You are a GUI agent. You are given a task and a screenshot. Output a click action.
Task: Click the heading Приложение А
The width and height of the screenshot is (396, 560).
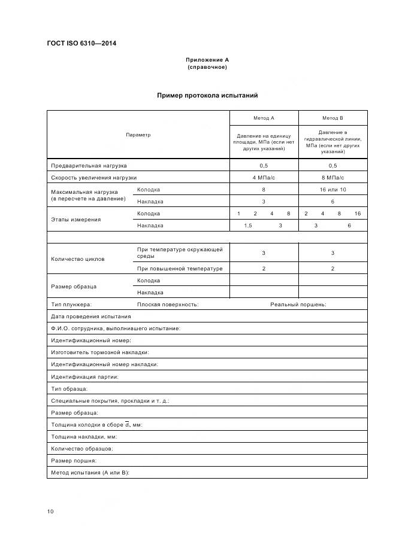[x=207, y=60]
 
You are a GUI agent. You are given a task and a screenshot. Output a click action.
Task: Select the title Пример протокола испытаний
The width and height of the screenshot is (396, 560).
[x=207, y=95]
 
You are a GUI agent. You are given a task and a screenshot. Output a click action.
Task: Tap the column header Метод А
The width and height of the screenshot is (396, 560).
[x=264, y=118]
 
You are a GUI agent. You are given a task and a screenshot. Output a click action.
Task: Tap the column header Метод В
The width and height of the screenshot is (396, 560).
[x=332, y=118]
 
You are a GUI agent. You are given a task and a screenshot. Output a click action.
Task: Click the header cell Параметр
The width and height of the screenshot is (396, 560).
[x=138, y=135]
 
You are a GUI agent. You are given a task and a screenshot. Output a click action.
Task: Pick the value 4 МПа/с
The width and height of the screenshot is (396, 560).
[x=264, y=178]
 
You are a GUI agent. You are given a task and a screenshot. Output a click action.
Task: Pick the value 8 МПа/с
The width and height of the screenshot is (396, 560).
[x=332, y=178]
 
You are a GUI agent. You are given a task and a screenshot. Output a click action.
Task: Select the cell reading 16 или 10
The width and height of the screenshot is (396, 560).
[x=332, y=190]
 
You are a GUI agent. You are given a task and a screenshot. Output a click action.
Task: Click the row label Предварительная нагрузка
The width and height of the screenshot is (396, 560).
[x=89, y=166]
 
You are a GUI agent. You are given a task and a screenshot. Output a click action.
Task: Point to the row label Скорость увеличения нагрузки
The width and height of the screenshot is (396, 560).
[x=94, y=178]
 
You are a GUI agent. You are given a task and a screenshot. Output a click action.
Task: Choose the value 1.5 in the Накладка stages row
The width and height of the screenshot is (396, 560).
[x=248, y=226]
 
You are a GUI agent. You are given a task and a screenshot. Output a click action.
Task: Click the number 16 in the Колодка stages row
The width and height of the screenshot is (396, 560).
[x=357, y=214]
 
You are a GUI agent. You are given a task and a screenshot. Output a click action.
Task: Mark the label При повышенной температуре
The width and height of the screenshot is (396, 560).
[x=180, y=269]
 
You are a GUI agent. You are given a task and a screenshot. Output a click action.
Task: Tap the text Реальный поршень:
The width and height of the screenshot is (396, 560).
[x=298, y=305]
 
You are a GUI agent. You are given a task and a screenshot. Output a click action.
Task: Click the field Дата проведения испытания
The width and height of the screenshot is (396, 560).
[x=90, y=316]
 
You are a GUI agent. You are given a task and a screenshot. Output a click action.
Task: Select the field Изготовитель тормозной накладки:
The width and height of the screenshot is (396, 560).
[x=100, y=352]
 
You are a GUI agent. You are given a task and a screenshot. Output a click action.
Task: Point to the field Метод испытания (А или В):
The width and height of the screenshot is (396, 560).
[x=90, y=472]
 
